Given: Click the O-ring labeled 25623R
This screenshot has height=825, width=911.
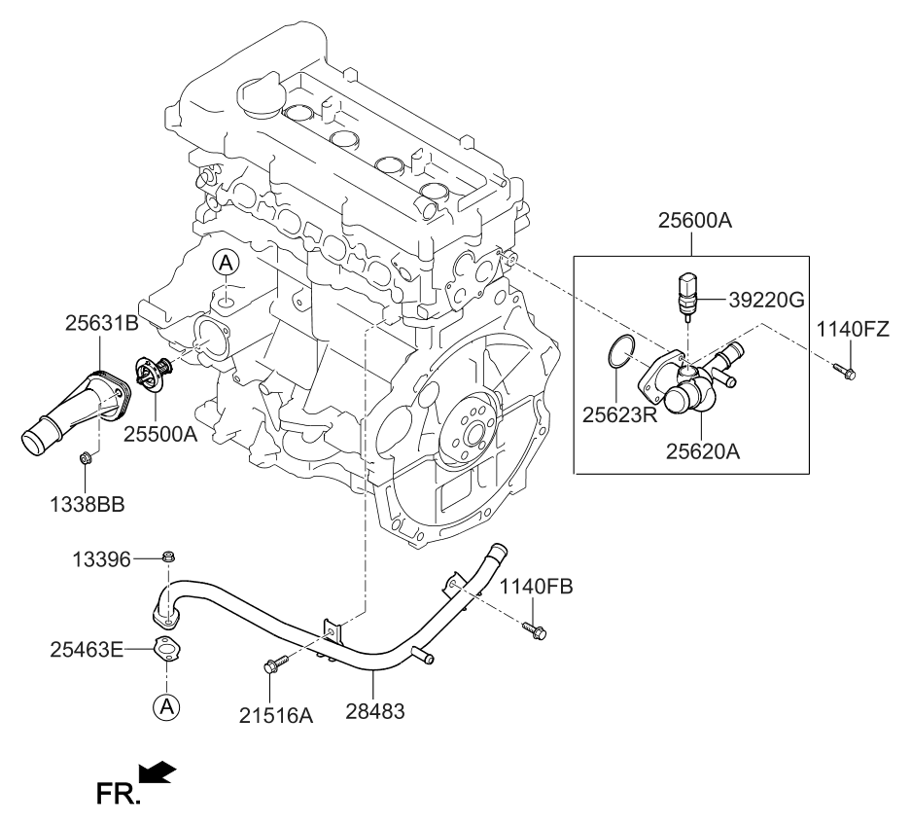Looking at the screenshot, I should point(619,351).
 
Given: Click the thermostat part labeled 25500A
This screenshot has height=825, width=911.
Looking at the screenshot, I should point(153,375).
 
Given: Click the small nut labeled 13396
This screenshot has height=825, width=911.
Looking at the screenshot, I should point(169,557).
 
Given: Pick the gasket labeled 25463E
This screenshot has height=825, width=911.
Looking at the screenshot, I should point(167,650).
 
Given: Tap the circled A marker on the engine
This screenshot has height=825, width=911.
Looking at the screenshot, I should point(225,262).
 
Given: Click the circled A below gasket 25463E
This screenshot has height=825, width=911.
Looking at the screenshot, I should point(167,707).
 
